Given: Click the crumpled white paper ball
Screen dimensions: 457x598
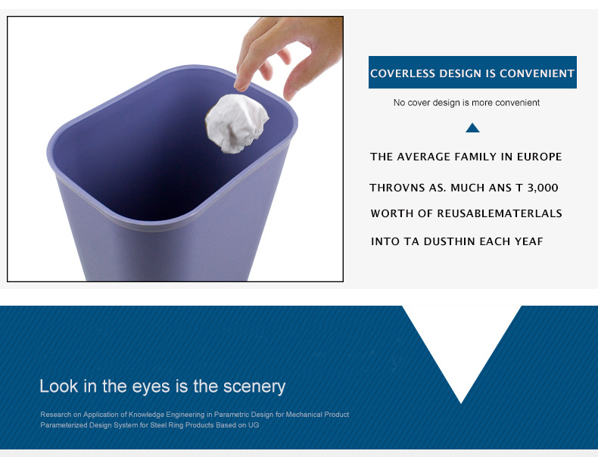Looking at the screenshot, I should [x=237, y=123].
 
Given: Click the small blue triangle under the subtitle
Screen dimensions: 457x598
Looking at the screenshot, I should [x=472, y=128].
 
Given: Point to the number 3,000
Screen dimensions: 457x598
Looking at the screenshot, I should [x=542, y=188].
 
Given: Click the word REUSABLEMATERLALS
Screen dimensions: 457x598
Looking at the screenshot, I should [x=499, y=213].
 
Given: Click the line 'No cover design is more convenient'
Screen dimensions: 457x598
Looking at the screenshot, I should [x=466, y=102].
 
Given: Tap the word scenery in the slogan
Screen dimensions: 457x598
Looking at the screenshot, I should [x=254, y=387].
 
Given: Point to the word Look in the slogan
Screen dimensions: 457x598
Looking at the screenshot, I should [x=59, y=387].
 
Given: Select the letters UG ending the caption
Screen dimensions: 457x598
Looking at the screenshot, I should [x=254, y=425].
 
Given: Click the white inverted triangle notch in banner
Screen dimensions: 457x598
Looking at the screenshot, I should [x=461, y=340].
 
